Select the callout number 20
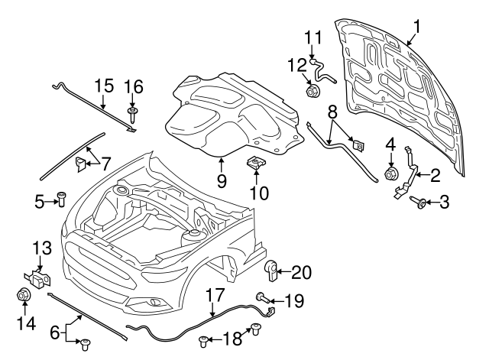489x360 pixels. (x=302, y=271)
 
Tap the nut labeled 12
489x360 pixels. (x=312, y=93)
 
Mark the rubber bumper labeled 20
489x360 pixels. (x=272, y=269)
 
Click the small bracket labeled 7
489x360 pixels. (x=81, y=162)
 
